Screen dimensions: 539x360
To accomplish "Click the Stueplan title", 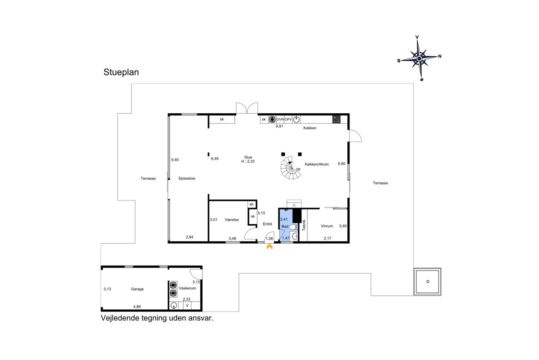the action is [x=121, y=72].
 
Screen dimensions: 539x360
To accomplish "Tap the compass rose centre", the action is [x=419, y=58].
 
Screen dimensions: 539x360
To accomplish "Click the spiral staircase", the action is [x=291, y=168].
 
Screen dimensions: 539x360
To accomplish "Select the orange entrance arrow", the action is [x=269, y=247].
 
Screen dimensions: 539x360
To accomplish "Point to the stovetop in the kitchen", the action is [x=336, y=120].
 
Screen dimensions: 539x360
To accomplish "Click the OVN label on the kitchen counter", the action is [x=280, y=119].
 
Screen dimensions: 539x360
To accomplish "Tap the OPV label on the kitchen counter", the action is [x=288, y=119].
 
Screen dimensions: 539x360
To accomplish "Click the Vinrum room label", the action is [x=327, y=226].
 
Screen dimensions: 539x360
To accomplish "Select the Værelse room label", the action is [x=232, y=220].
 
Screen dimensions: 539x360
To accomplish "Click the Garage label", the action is [x=137, y=289].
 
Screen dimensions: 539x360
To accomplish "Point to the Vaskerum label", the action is [x=187, y=288].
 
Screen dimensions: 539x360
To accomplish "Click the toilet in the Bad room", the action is [x=293, y=227].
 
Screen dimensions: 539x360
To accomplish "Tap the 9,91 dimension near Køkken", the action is [x=279, y=126].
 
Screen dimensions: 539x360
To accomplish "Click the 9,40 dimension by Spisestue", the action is [x=175, y=160].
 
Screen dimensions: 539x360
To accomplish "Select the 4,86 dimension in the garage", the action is [x=137, y=307].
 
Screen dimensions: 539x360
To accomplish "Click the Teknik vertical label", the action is [x=304, y=225].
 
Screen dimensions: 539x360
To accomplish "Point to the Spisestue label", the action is [x=187, y=178].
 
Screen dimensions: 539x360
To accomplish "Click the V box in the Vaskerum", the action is [x=187, y=306].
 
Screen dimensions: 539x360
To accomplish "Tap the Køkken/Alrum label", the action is [x=317, y=164].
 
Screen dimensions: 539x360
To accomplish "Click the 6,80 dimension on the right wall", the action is [x=342, y=164].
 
